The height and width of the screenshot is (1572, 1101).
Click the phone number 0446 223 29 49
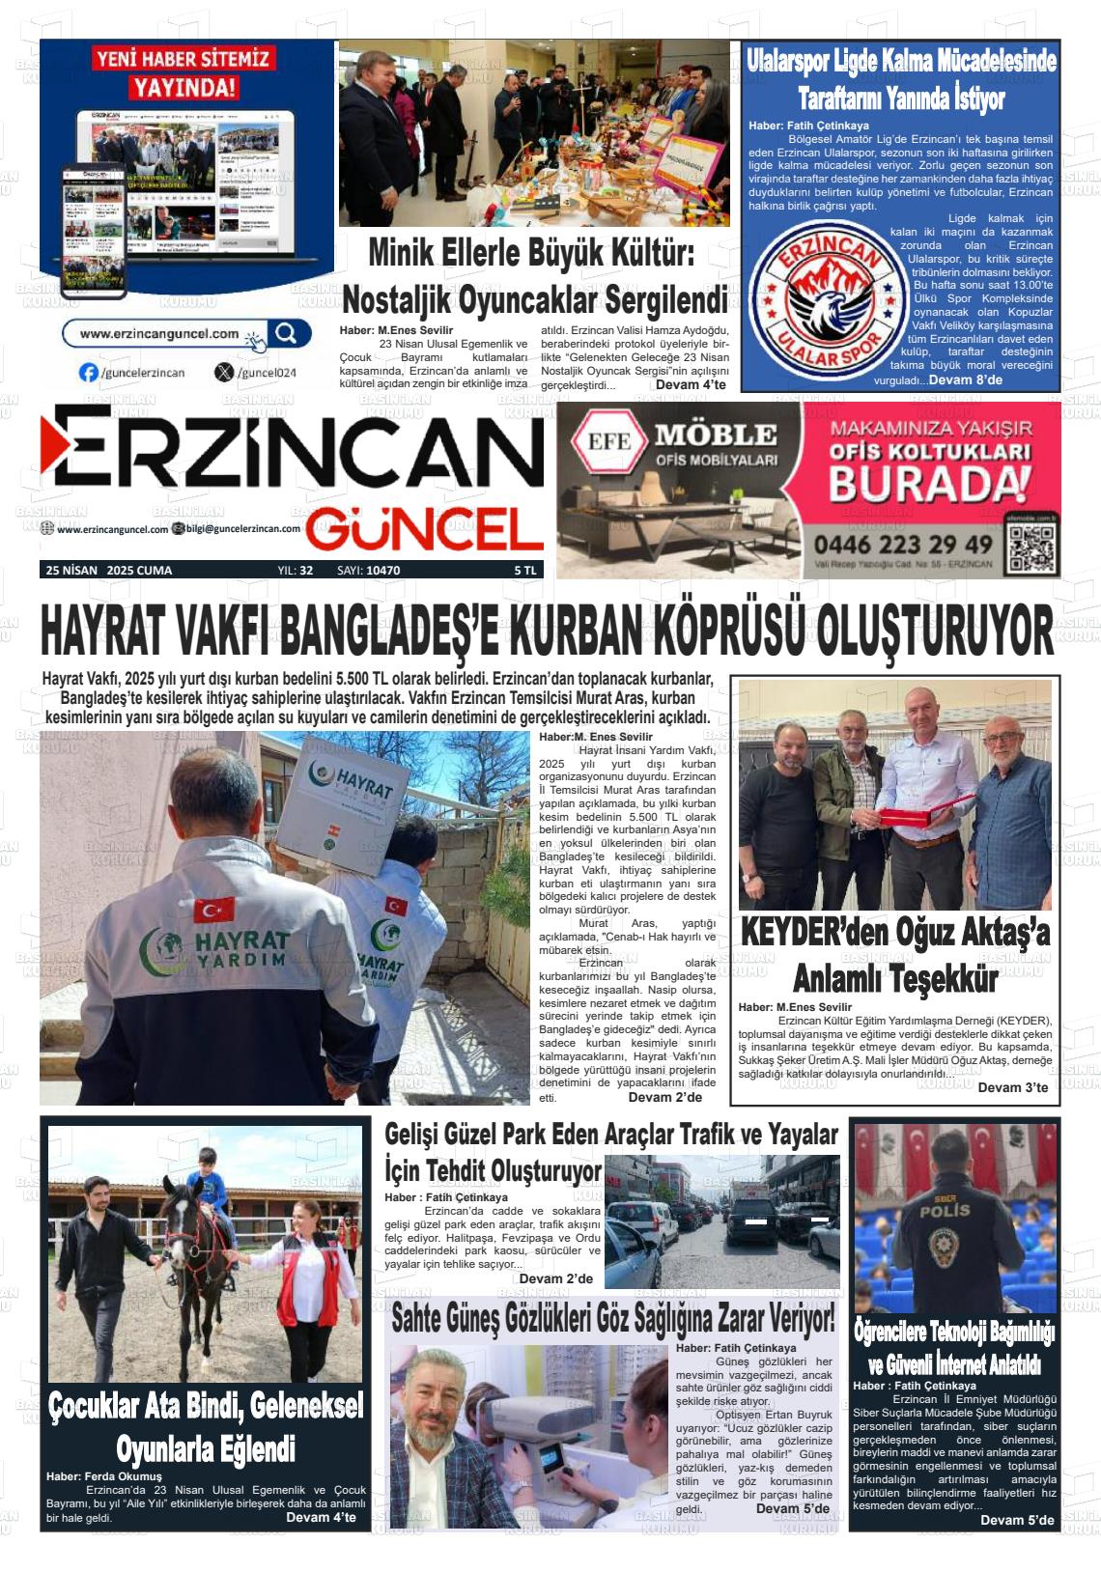pyautogui.click(x=903, y=545)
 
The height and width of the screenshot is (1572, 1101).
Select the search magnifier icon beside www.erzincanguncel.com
pyautogui.click(x=286, y=334)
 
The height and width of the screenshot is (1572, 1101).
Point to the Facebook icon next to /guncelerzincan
pyautogui.click(x=89, y=373)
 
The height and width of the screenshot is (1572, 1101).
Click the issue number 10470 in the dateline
pyautogui.click(x=382, y=571)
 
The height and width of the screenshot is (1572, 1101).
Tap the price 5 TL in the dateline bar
pyautogui.click(x=524, y=571)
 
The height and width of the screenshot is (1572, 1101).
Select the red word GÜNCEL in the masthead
pyautogui.click(x=425, y=529)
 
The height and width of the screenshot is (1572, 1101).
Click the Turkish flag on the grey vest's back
pyautogui.click(x=213, y=909)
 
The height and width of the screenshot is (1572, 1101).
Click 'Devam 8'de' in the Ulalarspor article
pyautogui.click(x=965, y=380)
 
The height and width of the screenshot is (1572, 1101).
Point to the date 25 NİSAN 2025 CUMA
pyautogui.click(x=108, y=571)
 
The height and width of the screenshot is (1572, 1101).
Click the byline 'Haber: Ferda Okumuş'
pyautogui.click(x=104, y=1476)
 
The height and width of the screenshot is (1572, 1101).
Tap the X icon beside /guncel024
pyautogui.click(x=225, y=373)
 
